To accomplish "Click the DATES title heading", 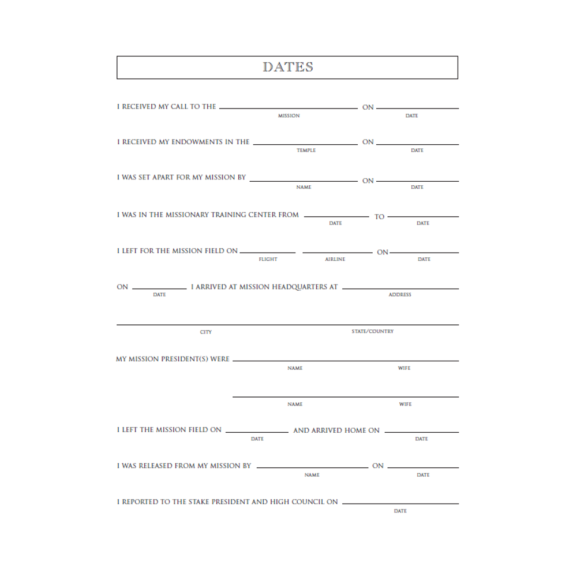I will pos(288,67).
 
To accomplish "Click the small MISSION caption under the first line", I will pos(288,116).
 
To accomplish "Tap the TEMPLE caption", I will pos(306,151).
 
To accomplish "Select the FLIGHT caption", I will pos(268,260).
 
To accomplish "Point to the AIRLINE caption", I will pos(335,260).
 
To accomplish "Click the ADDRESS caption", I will pos(399,295).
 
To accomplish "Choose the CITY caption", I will pos(206,332).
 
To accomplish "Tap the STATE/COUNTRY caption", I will pos(372,332).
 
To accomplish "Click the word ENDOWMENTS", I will pos(197,142).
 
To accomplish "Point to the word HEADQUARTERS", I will pos(296,287).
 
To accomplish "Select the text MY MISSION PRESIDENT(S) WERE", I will pos(173,359).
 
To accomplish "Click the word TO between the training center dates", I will pos(379,217).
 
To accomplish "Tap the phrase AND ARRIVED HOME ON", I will pos(336,430).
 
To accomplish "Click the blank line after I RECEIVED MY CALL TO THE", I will pos(288,108).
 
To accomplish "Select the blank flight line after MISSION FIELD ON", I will pos(267,253).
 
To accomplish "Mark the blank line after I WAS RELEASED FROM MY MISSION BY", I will pos(312,467).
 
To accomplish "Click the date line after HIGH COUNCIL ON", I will pos(400,504).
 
